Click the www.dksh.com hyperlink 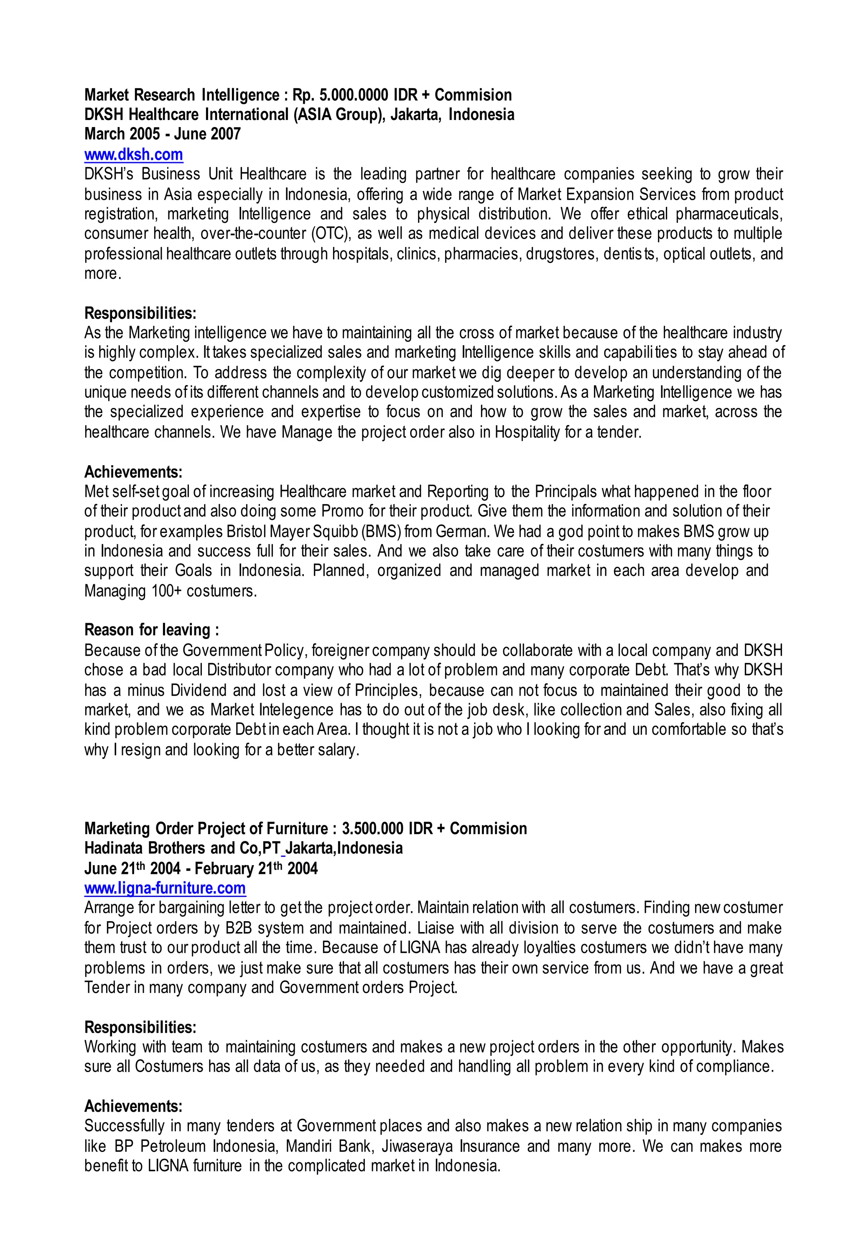pyautogui.click(x=134, y=155)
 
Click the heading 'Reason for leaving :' pyautogui.click(x=151, y=629)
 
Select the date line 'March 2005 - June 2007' pyautogui.click(x=162, y=134)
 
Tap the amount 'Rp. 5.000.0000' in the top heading pyautogui.click(x=340, y=95)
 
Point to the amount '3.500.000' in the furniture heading pyautogui.click(x=373, y=829)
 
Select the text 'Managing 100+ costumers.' pyautogui.click(x=170, y=591)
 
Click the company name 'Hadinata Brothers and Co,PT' pyautogui.click(x=182, y=848)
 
